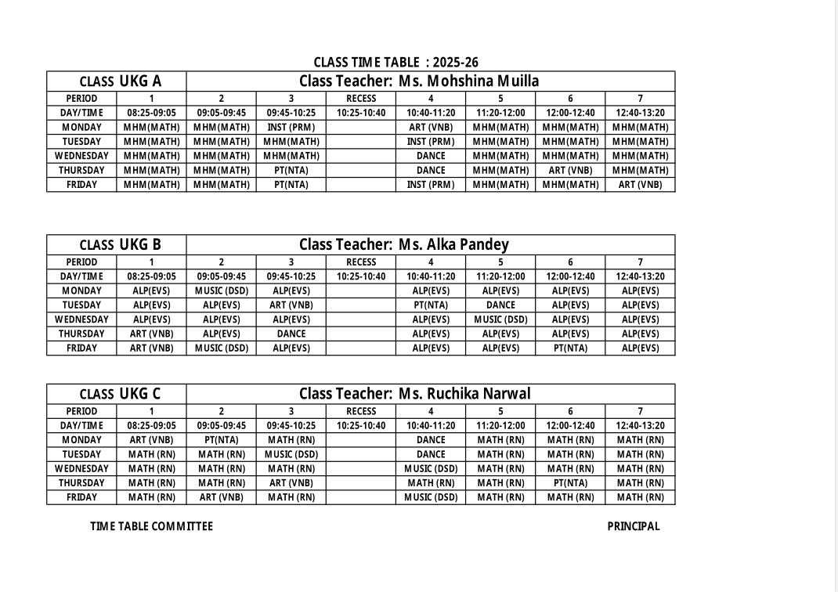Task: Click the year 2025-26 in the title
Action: click(x=455, y=63)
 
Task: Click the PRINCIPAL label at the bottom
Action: click(x=634, y=526)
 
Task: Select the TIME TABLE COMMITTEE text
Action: click(x=151, y=526)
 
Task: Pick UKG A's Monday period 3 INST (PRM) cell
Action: click(x=291, y=127)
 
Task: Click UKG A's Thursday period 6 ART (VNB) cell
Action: click(x=570, y=170)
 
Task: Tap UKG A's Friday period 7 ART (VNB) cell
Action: click(x=640, y=185)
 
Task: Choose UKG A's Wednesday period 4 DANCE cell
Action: click(x=431, y=156)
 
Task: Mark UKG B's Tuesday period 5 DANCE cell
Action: click(x=500, y=305)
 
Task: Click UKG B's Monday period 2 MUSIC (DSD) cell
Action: click(x=222, y=291)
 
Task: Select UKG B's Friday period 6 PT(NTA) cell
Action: click(x=570, y=348)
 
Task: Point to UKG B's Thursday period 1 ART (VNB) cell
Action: click(x=151, y=334)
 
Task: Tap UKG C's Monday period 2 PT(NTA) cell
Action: click(x=222, y=440)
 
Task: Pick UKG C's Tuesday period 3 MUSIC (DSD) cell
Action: click(x=291, y=454)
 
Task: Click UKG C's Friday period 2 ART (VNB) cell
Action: click(x=222, y=496)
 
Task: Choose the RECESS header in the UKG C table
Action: click(x=361, y=411)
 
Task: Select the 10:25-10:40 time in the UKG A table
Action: click(x=361, y=113)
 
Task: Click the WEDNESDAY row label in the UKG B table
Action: click(x=81, y=319)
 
